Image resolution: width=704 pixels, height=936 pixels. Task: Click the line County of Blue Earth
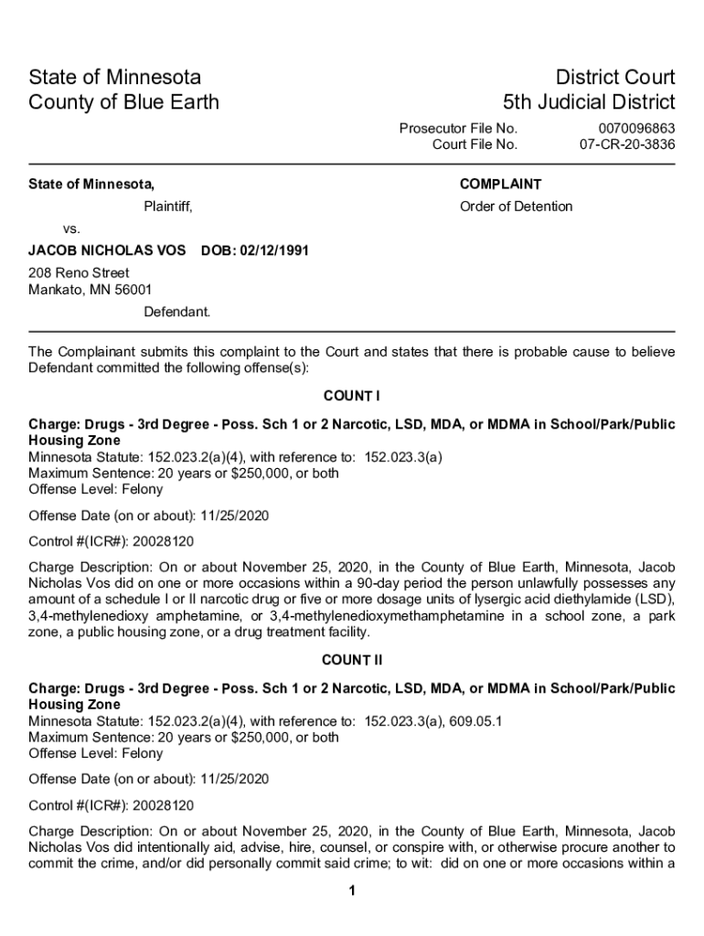[124, 101]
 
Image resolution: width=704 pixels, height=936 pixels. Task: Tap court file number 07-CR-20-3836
[627, 144]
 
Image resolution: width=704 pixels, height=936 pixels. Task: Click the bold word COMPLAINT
[500, 184]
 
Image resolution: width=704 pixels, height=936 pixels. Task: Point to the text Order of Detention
[516, 207]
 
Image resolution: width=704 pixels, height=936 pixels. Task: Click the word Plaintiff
[167, 207]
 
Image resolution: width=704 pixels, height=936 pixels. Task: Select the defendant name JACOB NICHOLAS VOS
[107, 250]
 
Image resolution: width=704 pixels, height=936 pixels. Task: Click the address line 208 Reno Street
[79, 273]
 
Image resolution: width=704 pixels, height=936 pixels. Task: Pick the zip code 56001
[133, 291]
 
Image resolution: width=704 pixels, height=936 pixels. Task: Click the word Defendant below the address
[176, 312]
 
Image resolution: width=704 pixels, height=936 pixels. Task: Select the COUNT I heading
[351, 396]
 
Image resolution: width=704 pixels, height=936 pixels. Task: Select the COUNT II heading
[351, 660]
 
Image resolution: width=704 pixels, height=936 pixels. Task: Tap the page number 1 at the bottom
[352, 891]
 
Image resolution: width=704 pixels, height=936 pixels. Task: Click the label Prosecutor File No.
[458, 129]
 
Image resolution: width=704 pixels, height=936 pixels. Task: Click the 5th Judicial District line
[589, 101]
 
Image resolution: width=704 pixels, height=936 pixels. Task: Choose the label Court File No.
[475, 144]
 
